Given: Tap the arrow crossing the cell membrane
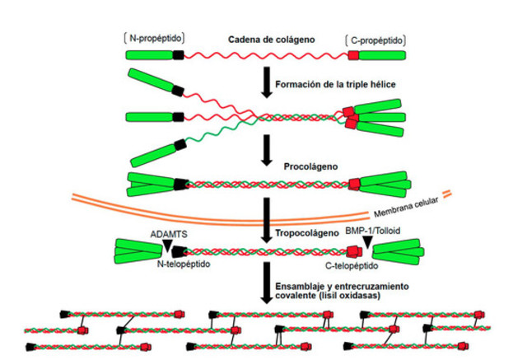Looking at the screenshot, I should (x=264, y=217).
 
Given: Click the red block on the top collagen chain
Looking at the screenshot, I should (x=353, y=55).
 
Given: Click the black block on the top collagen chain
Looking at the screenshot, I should (x=179, y=55).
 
